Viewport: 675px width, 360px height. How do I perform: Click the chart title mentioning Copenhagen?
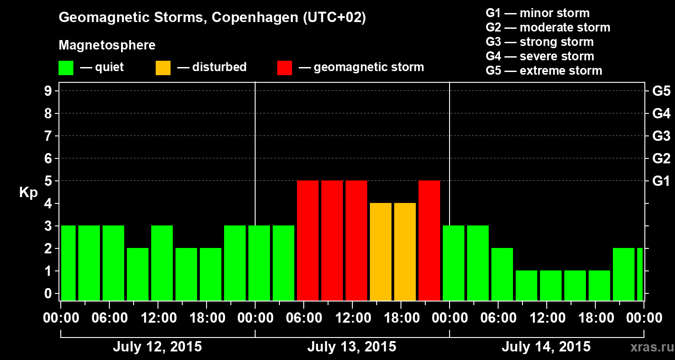click(212, 18)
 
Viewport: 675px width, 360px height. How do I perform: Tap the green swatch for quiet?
click(66, 67)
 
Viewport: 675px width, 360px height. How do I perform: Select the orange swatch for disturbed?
click(163, 67)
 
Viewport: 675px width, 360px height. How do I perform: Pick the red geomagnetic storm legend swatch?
click(284, 67)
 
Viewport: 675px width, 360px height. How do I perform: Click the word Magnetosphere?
click(107, 45)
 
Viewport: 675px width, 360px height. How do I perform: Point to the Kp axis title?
click(28, 193)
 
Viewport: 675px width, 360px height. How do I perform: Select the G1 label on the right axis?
click(661, 181)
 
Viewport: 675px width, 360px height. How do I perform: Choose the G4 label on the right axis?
click(661, 113)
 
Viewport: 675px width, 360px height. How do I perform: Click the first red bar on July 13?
click(308, 240)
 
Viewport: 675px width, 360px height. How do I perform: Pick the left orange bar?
click(381, 252)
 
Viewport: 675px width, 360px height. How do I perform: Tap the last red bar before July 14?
click(429, 240)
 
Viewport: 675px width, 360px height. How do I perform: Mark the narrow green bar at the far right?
click(640, 274)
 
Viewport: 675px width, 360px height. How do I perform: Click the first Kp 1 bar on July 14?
click(526, 285)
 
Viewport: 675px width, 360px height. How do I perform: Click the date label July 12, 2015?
click(157, 347)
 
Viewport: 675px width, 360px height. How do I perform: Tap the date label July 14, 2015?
click(546, 347)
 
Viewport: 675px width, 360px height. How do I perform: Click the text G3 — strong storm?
click(540, 42)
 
